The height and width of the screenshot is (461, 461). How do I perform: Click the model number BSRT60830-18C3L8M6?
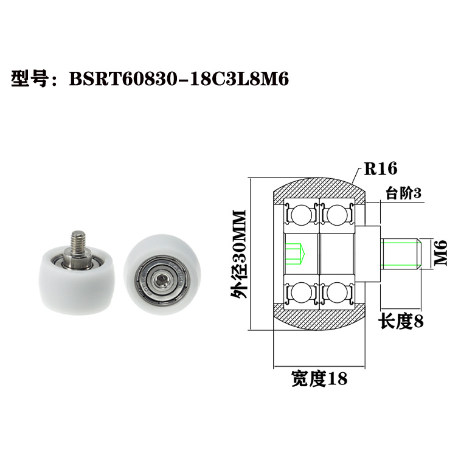178,79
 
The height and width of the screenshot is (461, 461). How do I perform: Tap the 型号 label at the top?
30,79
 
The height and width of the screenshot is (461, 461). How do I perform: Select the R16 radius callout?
380,168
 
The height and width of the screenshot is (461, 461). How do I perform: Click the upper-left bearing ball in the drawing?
300,215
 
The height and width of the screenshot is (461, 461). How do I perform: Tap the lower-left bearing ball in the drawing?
300,293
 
